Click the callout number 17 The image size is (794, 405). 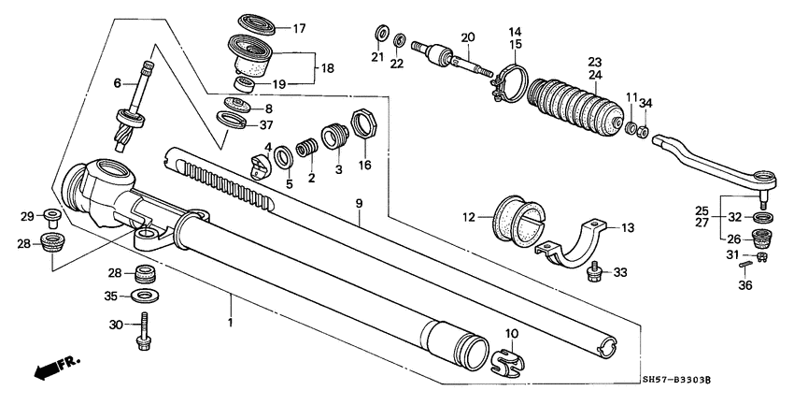(x=299, y=28)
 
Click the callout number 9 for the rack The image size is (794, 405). (x=357, y=201)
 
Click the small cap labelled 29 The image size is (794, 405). (x=53, y=221)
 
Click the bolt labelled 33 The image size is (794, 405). (x=592, y=272)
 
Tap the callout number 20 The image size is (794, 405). (x=467, y=37)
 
